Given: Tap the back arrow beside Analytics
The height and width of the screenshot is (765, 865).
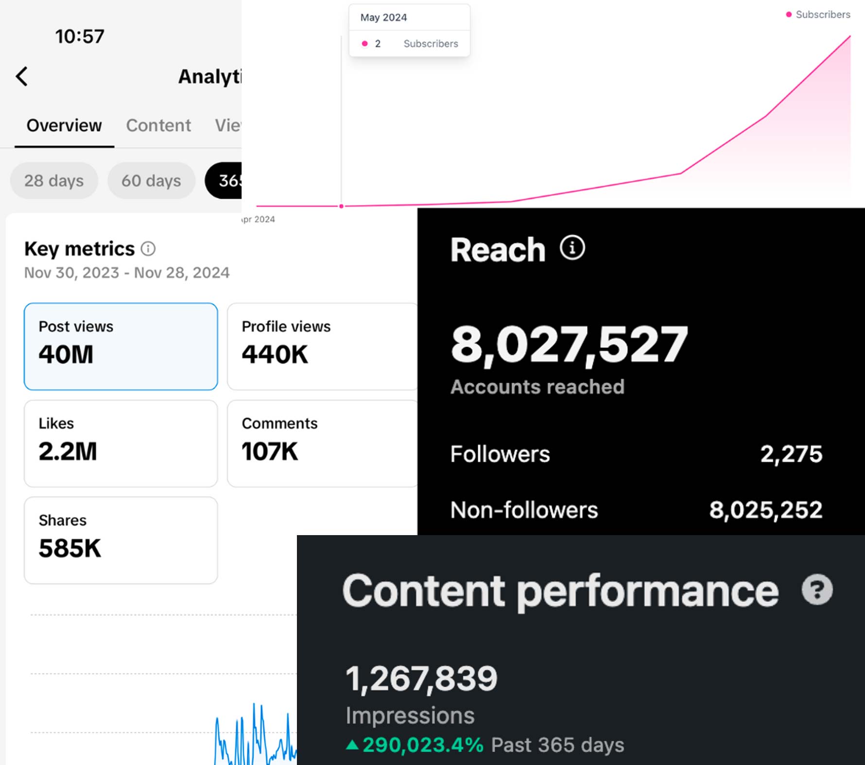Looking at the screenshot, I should pos(22,76).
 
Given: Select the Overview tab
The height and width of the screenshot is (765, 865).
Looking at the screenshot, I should pos(64,125).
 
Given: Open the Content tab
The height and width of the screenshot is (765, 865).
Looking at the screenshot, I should pos(158,125).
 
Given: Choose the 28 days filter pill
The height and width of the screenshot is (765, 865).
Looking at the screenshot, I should pos(54,181).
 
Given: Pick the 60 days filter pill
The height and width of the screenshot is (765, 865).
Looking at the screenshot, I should pos(151,181).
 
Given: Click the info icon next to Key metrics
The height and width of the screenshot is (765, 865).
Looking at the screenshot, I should pos(148,249).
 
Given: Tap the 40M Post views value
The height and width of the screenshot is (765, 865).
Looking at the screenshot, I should pos(66,354).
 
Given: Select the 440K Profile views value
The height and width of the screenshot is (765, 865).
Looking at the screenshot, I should pos(275,354).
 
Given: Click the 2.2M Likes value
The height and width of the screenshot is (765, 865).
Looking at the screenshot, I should pos(68,451).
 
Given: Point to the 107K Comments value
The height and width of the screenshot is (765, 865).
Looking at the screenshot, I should pos(270,451).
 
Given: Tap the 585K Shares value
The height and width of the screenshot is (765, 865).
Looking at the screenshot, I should pos(70,548).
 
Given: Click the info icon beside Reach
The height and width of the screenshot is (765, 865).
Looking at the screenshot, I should pos(572,248).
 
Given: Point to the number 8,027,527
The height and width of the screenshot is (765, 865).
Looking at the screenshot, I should pos(569,344).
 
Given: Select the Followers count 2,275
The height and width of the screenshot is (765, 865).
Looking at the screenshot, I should pos(791,454).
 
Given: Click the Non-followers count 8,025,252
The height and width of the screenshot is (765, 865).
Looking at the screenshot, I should pos(765,510).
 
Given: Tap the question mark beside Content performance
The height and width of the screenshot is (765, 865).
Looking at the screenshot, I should pos(817,590).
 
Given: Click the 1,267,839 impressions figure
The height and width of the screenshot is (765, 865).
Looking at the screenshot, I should pos(421,678).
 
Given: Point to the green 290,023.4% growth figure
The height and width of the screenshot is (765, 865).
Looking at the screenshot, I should pos(422,745).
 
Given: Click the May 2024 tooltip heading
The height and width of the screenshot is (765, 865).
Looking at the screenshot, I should pos(383,17).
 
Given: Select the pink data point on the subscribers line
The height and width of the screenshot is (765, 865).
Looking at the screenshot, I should pos(342,206).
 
